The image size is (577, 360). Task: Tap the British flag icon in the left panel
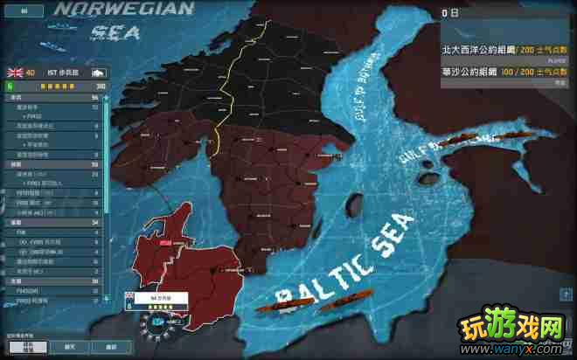point(14,73)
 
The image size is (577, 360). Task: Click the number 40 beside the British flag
point(31,73)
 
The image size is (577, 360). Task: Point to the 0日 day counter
point(450,13)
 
